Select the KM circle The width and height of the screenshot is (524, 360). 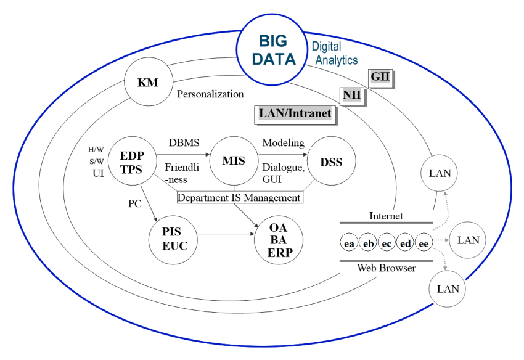[x=148, y=83]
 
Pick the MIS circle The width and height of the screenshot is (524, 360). [x=234, y=162]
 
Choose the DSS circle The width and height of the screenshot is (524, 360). [x=331, y=162]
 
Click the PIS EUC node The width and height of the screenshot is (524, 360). [x=171, y=239]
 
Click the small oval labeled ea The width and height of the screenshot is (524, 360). [x=350, y=243]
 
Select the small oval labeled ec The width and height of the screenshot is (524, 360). [x=387, y=243]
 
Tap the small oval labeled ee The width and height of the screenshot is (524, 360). [x=424, y=243]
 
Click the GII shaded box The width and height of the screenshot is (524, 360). [x=382, y=78]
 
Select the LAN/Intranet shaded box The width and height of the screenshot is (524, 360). [x=295, y=113]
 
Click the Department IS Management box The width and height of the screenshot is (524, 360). [x=239, y=197]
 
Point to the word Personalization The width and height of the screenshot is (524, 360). [x=210, y=95]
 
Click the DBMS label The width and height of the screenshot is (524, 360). [x=184, y=142]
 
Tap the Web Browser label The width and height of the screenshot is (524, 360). [x=387, y=268]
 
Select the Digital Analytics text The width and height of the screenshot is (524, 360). [x=334, y=54]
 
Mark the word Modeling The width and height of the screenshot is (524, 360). [x=284, y=142]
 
